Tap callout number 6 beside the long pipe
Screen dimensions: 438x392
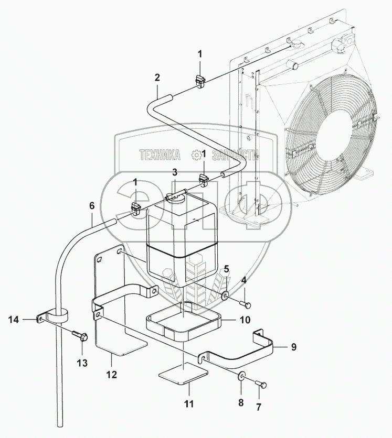pos(92,206)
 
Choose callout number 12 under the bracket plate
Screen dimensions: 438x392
pos(111,375)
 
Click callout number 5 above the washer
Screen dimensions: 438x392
pos(227,269)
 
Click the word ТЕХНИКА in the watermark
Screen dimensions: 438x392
pos(160,155)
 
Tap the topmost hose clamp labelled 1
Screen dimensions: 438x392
pos(200,80)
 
